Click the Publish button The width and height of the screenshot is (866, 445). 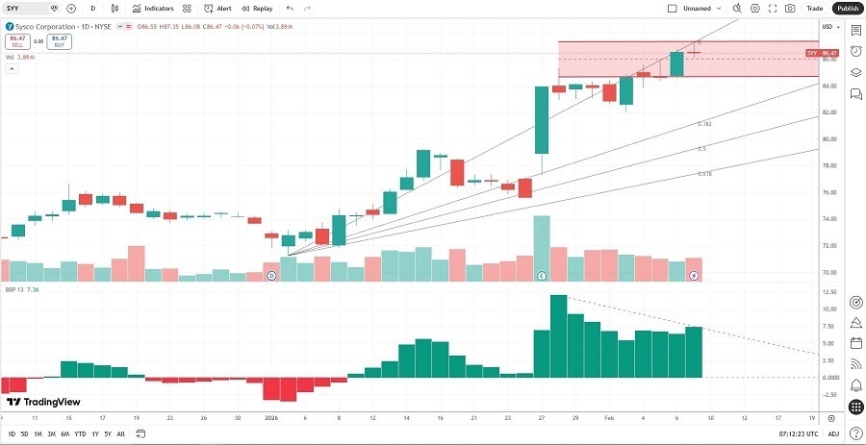point(847,8)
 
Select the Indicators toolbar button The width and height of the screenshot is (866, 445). point(153,8)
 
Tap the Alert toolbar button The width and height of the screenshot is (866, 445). point(218,8)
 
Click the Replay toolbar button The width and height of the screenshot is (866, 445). point(258,8)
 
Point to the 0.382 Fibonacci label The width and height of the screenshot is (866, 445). point(704,124)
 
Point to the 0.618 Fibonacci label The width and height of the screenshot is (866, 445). point(704,174)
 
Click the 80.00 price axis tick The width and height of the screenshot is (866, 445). point(829,139)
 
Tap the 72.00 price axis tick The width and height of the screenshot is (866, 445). point(829,246)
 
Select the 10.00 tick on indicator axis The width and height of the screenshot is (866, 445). point(829,309)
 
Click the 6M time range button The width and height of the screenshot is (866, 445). point(64,433)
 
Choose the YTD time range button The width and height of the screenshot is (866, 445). point(80,433)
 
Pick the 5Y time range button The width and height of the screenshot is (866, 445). point(108,433)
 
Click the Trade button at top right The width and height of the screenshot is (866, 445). point(814,8)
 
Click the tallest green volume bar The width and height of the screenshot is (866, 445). point(542,249)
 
